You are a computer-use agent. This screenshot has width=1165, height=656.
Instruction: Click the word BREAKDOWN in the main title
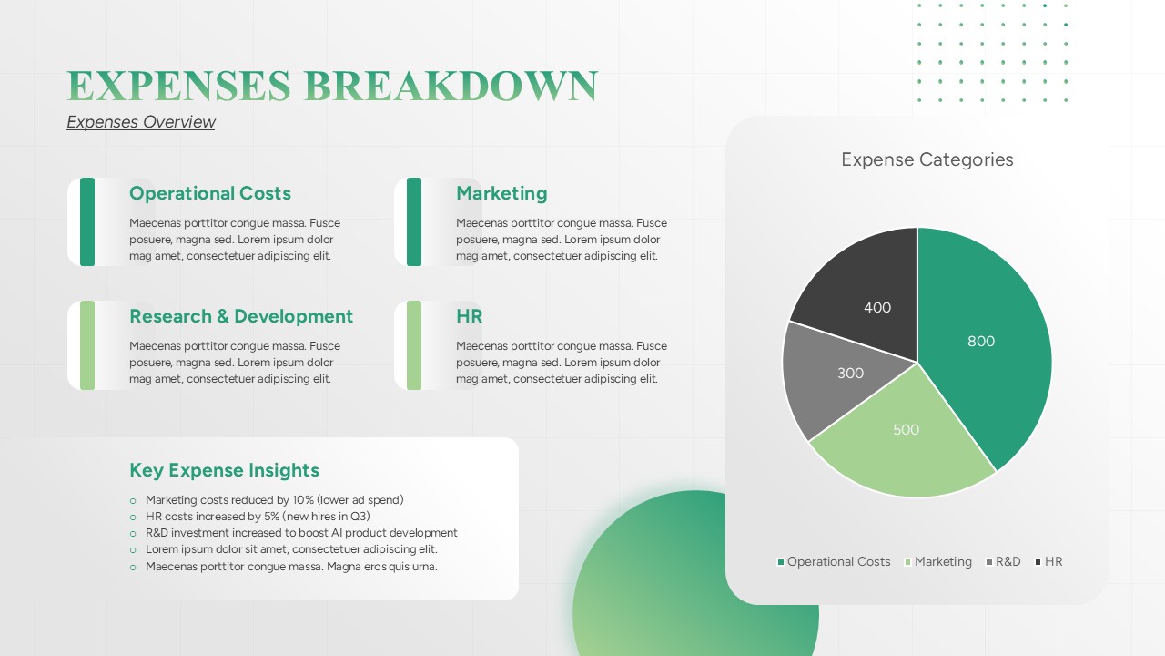pos(451,86)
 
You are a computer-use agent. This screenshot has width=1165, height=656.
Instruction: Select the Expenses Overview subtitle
pos(140,122)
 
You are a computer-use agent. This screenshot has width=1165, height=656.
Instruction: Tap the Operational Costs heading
pos(210,193)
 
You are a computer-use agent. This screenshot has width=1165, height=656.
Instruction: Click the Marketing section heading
pos(501,193)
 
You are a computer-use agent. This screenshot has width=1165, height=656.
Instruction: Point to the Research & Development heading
pos(241,316)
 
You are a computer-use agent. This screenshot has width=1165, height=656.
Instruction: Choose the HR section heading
pos(469,316)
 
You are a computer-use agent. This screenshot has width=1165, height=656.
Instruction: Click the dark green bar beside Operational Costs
pos(87,221)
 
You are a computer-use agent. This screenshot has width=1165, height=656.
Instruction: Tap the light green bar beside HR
pos(414,345)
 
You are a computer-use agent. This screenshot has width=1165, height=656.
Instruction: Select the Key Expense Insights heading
pos(224,470)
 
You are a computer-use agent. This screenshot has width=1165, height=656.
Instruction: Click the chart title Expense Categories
pos(927,159)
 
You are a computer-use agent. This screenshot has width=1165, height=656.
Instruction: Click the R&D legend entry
pos(1003,562)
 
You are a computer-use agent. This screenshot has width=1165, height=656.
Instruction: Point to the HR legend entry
pos(1049,562)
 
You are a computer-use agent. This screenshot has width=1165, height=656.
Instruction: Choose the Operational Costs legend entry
pos(834,562)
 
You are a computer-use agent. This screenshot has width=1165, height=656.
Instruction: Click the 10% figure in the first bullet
pos(303,500)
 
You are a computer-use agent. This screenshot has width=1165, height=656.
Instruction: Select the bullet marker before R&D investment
pos(133,534)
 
